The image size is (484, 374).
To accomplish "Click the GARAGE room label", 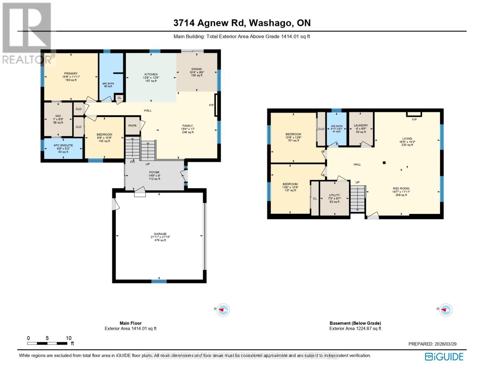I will [x=160, y=234].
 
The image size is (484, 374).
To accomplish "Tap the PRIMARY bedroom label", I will [x=71, y=74].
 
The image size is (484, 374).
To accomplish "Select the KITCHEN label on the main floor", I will [x=151, y=74].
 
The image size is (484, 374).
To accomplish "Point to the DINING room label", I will [x=196, y=69].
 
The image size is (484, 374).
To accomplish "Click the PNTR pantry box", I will [x=132, y=126].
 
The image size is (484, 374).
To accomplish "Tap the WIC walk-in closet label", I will [x=58, y=116].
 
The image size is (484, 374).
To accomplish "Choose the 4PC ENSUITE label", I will [x=63, y=146].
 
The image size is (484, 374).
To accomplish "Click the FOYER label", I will [x=154, y=172].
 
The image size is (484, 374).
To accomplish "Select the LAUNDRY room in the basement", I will [x=361, y=126].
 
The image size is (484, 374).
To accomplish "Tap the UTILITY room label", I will [x=334, y=195].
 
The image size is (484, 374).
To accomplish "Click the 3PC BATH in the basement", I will [x=336, y=126].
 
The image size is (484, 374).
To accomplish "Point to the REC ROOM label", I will [x=401, y=189].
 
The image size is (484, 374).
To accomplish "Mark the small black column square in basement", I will [x=384, y=162].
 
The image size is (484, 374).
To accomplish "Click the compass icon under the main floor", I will [x=223, y=310].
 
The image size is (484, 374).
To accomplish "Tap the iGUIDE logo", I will [x=444, y=357].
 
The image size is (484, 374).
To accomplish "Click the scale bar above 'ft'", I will [x=47, y=343].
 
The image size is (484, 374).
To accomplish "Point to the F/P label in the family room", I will [x=211, y=105].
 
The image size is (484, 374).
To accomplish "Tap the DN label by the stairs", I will [x=132, y=162].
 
